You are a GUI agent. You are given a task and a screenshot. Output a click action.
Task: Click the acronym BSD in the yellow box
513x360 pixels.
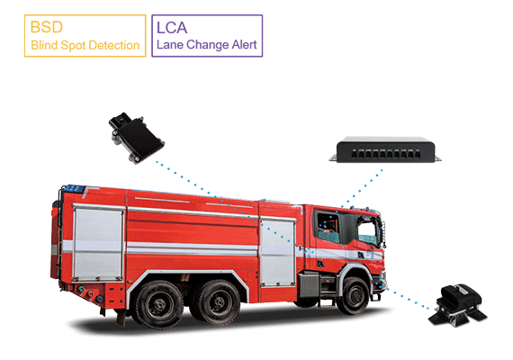click(x=46, y=27)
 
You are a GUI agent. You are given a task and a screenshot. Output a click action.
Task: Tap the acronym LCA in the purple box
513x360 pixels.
click(x=172, y=28)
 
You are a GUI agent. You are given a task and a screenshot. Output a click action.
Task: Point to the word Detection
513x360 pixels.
click(x=114, y=45)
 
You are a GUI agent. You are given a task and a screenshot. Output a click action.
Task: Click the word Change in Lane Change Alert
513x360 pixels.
click(x=207, y=45)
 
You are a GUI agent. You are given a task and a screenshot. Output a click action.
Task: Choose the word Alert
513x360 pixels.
click(x=244, y=44)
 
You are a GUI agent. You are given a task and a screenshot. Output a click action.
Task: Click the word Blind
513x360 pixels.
click(x=44, y=45)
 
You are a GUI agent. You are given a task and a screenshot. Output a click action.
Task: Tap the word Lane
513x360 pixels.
click(x=170, y=44)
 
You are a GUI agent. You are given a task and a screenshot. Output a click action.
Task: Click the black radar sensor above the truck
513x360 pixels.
click(x=137, y=138)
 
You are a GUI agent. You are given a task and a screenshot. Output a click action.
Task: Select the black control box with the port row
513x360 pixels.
click(x=385, y=149)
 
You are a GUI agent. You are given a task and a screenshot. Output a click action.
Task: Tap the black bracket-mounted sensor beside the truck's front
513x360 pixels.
click(x=458, y=305)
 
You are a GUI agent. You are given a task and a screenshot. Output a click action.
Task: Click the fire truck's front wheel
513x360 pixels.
click(x=354, y=295)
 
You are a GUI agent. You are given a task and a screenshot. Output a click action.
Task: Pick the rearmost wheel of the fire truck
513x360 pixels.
click(x=159, y=305)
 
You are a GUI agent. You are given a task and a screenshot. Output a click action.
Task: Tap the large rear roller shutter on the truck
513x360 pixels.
click(x=98, y=243)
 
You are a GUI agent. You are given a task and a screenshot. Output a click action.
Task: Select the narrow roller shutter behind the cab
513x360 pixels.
click(x=277, y=252)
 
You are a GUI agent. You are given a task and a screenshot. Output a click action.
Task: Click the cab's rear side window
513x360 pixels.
click(x=328, y=227)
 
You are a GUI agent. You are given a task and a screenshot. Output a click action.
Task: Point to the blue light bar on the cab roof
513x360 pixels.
click(x=364, y=209)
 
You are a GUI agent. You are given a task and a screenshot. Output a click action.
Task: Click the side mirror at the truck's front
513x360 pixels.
click(x=382, y=234)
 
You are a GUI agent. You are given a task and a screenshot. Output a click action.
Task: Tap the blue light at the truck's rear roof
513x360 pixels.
click(x=73, y=189)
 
